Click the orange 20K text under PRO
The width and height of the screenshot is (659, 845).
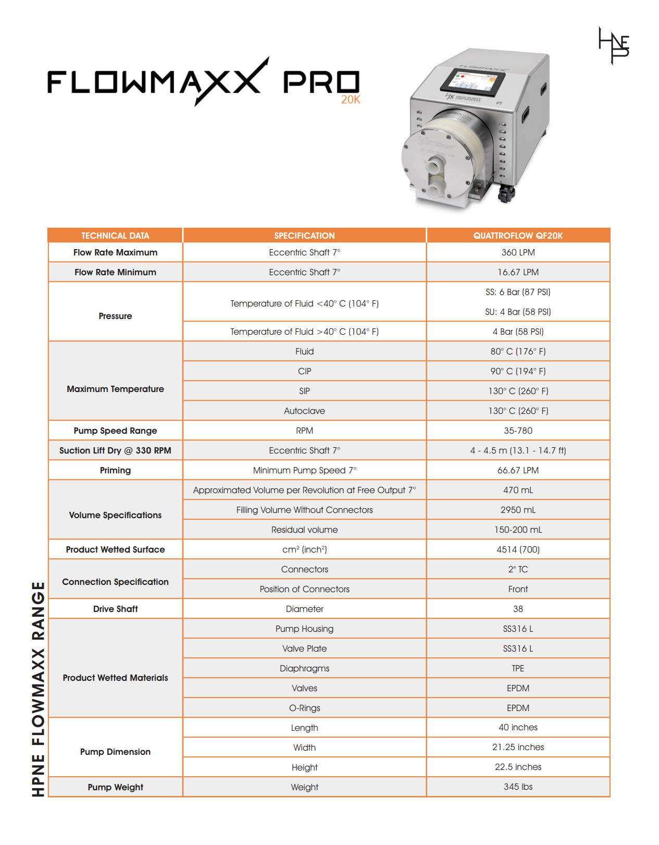pyautogui.click(x=351, y=100)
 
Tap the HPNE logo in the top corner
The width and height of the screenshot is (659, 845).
pyautogui.click(x=614, y=46)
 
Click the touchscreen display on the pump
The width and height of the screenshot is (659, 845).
pyautogui.click(x=473, y=82)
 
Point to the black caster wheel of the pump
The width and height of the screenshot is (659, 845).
pyautogui.click(x=505, y=194)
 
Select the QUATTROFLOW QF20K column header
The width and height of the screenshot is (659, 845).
pyautogui.click(x=518, y=236)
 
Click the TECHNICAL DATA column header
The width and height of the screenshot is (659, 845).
pyautogui.click(x=115, y=236)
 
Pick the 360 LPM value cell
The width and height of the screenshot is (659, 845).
pyautogui.click(x=518, y=252)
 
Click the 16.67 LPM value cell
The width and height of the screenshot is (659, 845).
pyautogui.click(x=518, y=272)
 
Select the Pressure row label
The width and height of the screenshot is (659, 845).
pyautogui.click(x=115, y=316)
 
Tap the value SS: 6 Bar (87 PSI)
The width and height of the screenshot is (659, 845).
pyautogui.click(x=518, y=292)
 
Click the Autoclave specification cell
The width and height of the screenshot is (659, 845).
pyautogui.click(x=304, y=411)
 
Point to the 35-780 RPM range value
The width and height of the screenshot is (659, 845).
pyautogui.click(x=518, y=431)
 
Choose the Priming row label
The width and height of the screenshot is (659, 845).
pyautogui.click(x=115, y=470)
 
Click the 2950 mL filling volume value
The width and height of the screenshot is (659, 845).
pyautogui.click(x=518, y=510)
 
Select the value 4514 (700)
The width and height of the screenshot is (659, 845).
pyautogui.click(x=518, y=549)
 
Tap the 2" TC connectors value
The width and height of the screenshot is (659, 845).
pyautogui.click(x=518, y=569)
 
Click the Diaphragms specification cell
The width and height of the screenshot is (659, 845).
pyautogui.click(x=304, y=668)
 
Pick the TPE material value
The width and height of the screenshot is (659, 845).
pyautogui.click(x=518, y=668)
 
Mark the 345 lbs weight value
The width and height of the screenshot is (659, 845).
pyautogui.click(x=518, y=787)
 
